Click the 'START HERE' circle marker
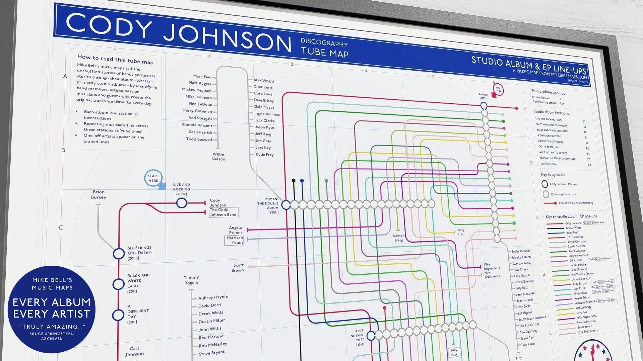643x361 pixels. tap(153, 178)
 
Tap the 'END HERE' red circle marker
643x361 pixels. tap(498, 89)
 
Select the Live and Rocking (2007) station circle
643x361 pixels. tap(182, 203)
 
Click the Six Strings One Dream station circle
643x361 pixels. tap(119, 254)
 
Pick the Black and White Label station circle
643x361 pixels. tap(118, 284)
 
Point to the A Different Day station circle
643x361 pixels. tap(118, 315)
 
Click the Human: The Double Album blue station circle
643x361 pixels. tap(286, 205)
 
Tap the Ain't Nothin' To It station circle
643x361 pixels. tap(371, 336)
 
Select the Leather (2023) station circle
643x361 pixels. tap(484, 106)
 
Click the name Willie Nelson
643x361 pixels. tap(218, 157)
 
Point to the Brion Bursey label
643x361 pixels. tap(99, 194)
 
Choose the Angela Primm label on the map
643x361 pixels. tap(235, 230)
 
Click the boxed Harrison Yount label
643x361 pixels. tap(235, 240)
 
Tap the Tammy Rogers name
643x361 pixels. tap(191, 280)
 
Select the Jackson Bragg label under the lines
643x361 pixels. tap(398, 238)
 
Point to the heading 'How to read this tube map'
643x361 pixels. tap(115, 59)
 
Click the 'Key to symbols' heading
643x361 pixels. tap(553, 175)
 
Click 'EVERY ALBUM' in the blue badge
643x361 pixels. tap(52, 302)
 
